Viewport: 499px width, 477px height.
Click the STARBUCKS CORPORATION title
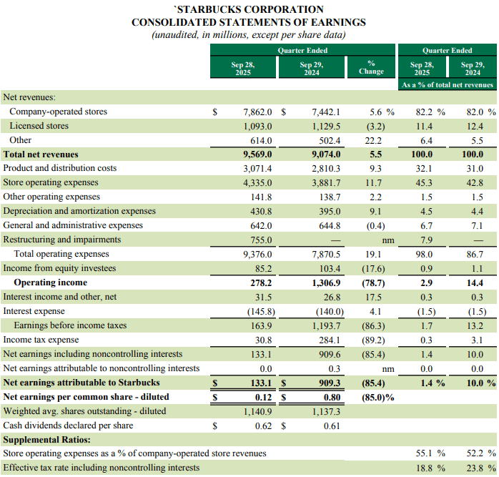(249, 9)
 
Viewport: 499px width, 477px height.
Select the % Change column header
(371, 68)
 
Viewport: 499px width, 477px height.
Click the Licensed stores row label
(39, 126)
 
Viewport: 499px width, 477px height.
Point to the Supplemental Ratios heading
(46, 439)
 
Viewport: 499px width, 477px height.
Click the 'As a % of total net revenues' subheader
(447, 85)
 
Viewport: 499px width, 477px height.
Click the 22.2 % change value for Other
(376, 140)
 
